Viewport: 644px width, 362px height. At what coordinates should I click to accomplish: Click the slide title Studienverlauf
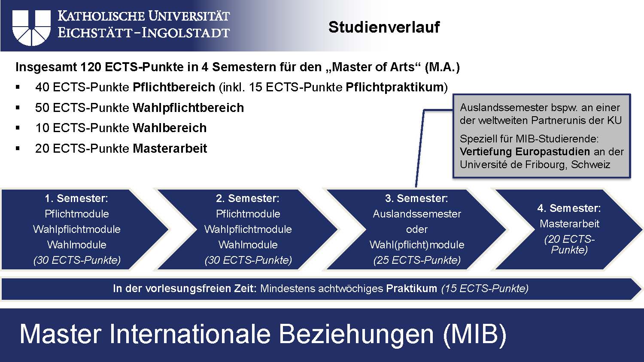coord(384,27)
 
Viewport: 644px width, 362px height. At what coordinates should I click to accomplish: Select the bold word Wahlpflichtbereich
coord(188,108)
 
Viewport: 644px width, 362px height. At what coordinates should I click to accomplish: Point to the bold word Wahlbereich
coord(170,128)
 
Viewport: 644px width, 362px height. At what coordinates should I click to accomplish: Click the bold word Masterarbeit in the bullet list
coord(170,148)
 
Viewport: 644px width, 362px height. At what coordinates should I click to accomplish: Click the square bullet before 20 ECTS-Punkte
coord(18,149)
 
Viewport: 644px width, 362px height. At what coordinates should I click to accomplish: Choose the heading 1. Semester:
coord(76,198)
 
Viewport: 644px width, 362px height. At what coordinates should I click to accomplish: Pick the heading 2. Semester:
coord(248,198)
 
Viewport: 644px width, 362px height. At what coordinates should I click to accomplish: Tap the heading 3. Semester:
coord(416,198)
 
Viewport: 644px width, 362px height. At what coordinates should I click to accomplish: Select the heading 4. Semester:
coord(569,208)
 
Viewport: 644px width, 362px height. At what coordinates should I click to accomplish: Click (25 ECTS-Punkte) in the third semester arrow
coord(416,260)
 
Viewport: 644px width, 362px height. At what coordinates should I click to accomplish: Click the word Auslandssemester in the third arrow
coord(416,214)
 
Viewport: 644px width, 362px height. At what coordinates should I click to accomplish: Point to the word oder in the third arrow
coord(416,229)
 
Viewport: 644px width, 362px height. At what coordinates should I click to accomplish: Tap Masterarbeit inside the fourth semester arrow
coord(569,223)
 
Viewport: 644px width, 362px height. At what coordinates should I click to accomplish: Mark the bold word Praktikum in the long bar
coord(411,288)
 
